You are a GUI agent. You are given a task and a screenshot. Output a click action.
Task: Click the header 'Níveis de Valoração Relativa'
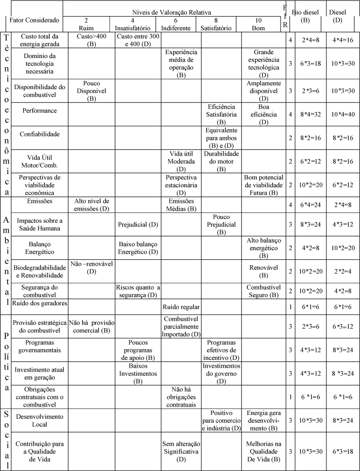point(173,11)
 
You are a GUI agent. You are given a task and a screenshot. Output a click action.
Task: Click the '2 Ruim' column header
point(86,24)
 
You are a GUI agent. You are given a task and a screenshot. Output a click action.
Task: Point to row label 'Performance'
point(39,111)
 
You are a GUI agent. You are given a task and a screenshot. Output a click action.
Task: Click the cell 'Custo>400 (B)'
point(91,40)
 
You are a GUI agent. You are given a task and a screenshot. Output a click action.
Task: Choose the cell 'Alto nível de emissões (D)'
point(91,205)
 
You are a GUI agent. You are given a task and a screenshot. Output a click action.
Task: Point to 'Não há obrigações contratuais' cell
point(180,397)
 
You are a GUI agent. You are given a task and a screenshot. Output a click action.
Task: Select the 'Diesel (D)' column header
point(337,16)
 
